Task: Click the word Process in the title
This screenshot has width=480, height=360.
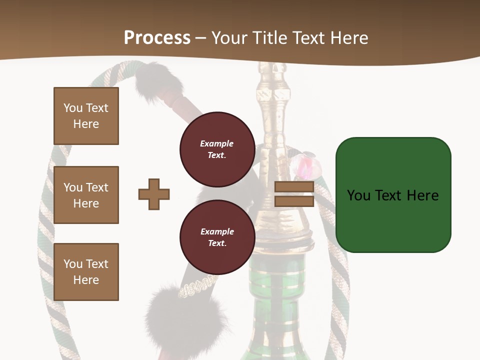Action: [x=157, y=38]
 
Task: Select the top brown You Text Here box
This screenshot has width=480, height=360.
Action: [x=86, y=116]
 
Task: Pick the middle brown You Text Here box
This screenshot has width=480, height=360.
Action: [x=86, y=195]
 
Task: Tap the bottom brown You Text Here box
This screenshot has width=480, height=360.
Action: [x=86, y=272]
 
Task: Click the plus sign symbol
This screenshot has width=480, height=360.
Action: [x=154, y=194]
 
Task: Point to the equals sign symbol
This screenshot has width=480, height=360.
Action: [x=294, y=194]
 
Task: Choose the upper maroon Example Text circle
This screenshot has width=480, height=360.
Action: [x=217, y=149]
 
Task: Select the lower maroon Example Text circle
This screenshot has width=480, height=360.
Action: [x=217, y=237]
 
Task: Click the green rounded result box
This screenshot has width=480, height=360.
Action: [x=393, y=195]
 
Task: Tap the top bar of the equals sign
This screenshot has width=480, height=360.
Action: [x=294, y=187]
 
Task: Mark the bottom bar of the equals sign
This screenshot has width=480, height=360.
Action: [x=294, y=201]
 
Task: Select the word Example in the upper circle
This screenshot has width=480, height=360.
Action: [x=217, y=143]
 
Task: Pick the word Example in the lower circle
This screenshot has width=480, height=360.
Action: [x=217, y=231]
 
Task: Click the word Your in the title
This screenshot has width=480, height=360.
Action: [x=229, y=38]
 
